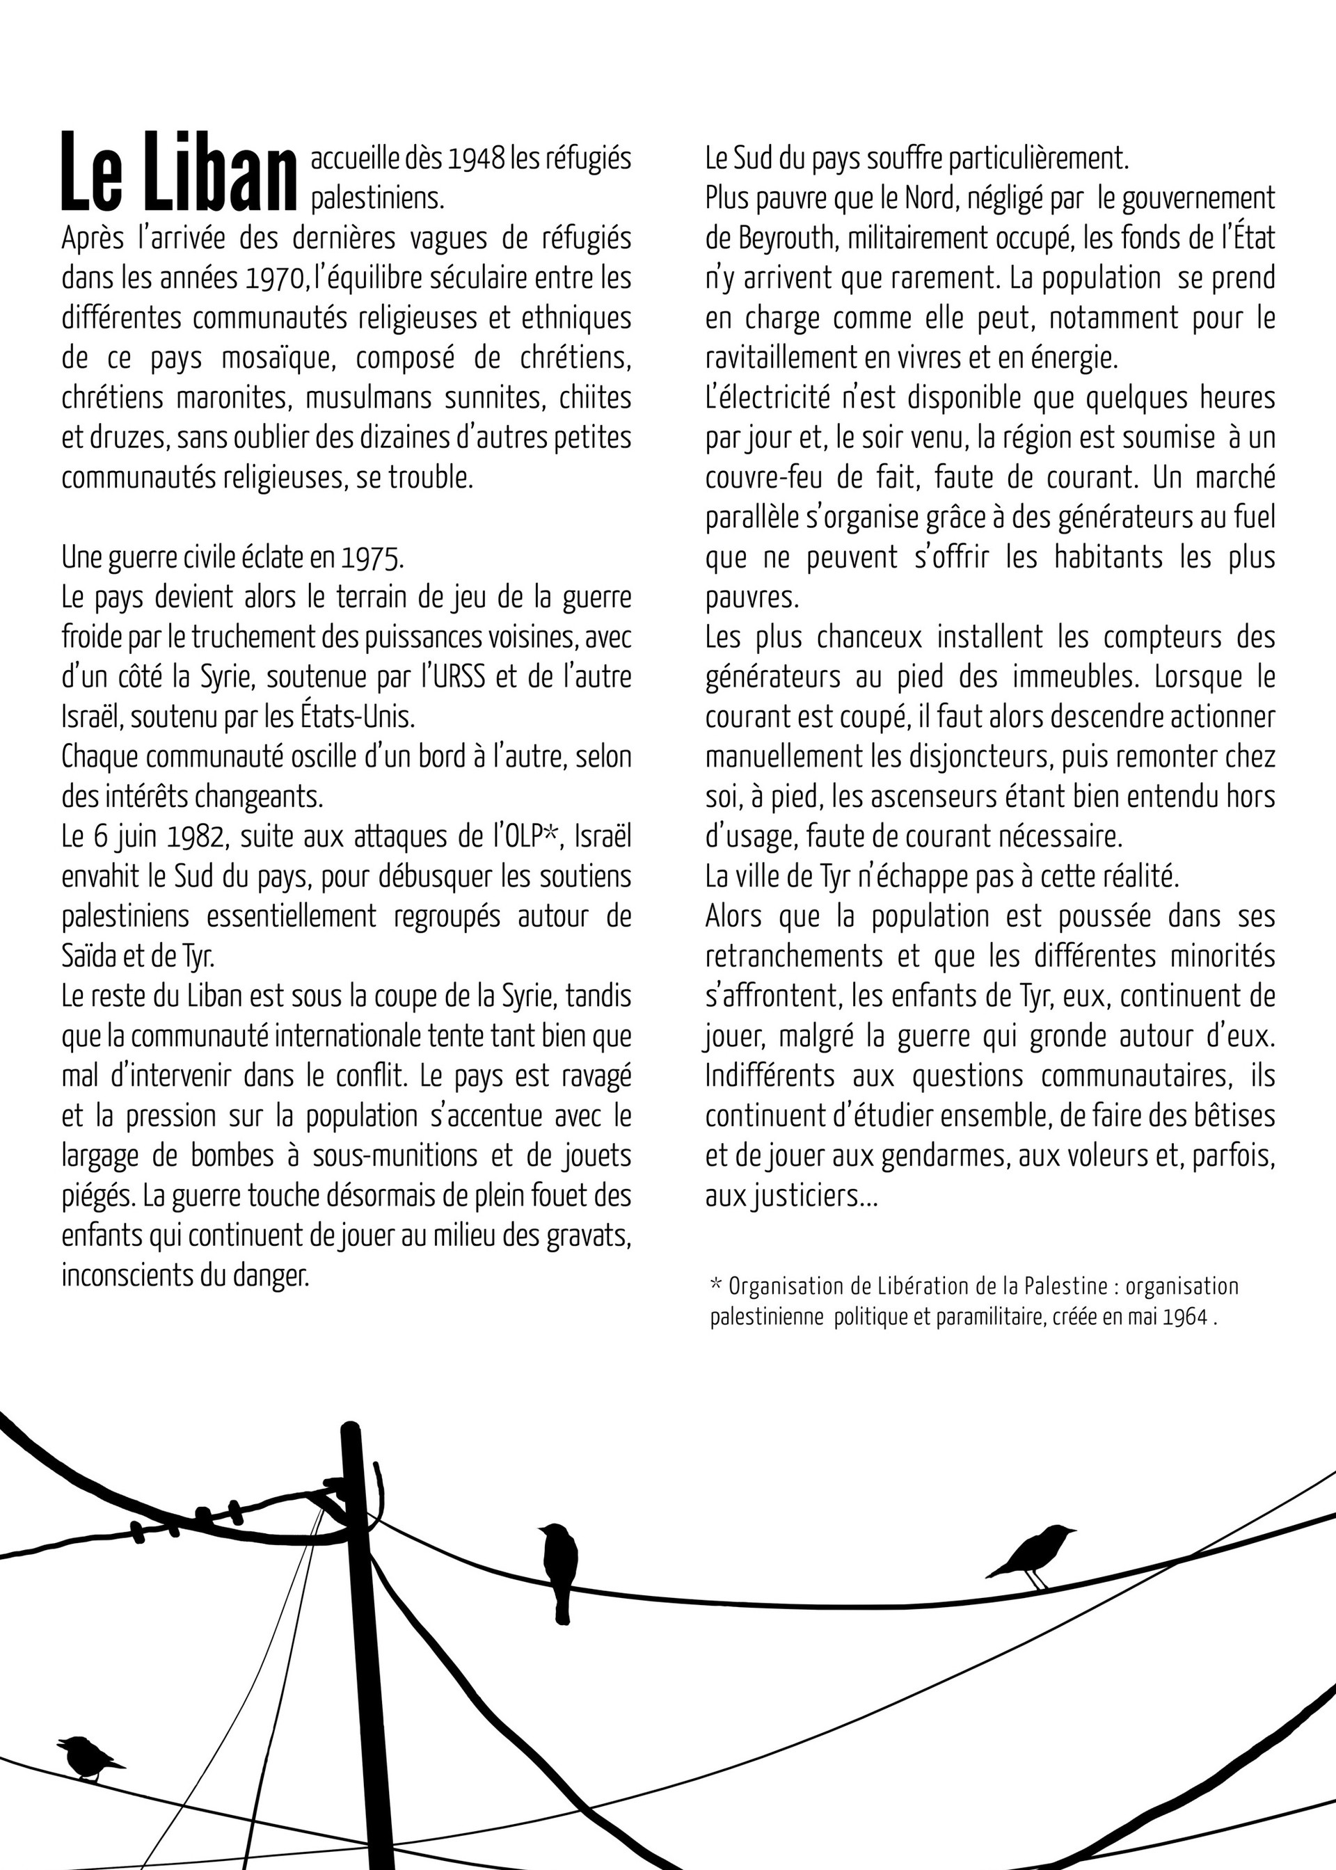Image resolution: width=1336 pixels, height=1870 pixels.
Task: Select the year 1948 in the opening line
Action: (475, 158)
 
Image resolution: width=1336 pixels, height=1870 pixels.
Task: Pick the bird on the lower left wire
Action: (88, 1757)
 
